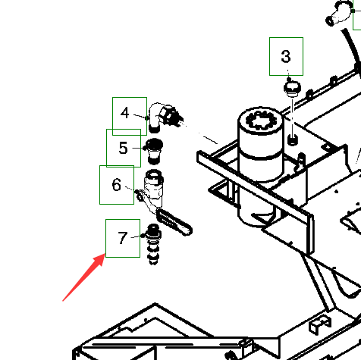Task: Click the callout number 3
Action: click(286, 56)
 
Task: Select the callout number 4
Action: click(125, 113)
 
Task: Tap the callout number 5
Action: click(123, 148)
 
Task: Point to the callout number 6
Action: click(116, 184)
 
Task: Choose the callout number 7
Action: click(123, 238)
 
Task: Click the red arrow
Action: click(83, 277)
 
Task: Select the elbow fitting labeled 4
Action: click(165, 117)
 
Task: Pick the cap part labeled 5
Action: click(154, 151)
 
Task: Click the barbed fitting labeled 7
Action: click(153, 244)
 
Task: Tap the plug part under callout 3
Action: click(292, 89)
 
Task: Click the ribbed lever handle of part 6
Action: click(174, 222)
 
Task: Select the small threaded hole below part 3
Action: click(293, 139)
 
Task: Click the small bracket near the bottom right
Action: click(320, 325)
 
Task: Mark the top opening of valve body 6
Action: click(154, 174)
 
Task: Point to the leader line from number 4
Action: click(140, 116)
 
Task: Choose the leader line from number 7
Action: click(137, 236)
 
